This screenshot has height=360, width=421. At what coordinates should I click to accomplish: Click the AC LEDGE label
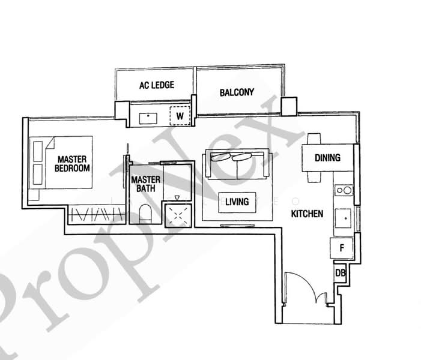click(x=156, y=85)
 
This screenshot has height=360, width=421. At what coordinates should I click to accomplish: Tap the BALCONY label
click(x=237, y=92)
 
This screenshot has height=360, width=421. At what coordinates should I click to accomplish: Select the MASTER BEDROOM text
click(x=73, y=164)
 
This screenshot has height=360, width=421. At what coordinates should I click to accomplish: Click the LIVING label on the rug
click(x=237, y=202)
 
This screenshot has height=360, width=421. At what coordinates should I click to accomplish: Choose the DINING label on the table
click(x=327, y=158)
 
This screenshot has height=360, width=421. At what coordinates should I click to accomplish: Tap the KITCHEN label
click(x=307, y=214)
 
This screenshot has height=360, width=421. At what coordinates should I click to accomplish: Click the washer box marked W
click(x=180, y=115)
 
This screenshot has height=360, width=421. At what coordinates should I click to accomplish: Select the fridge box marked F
click(x=341, y=247)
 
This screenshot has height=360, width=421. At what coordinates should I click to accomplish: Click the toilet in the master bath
click(x=145, y=212)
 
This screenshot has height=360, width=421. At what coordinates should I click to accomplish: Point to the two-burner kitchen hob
click(x=344, y=191)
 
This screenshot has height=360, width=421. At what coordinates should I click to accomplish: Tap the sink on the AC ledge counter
click(x=148, y=116)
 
